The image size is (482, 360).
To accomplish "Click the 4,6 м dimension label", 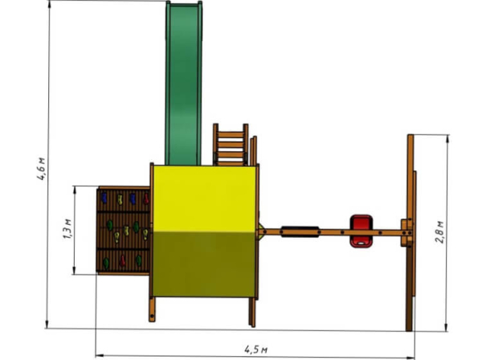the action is (42, 169).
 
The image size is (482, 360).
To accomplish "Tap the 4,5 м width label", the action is (255, 350).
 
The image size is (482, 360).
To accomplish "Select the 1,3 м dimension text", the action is (67, 229).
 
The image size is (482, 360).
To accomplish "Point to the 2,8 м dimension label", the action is (440, 232).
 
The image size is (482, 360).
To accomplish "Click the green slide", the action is (183, 83).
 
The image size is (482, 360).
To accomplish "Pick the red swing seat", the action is (361, 231).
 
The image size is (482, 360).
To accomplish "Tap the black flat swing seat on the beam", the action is (300, 231).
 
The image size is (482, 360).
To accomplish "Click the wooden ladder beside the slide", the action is (231, 145).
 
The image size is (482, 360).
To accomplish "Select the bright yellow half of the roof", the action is (204, 198).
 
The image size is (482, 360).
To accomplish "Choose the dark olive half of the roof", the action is (204, 264).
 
